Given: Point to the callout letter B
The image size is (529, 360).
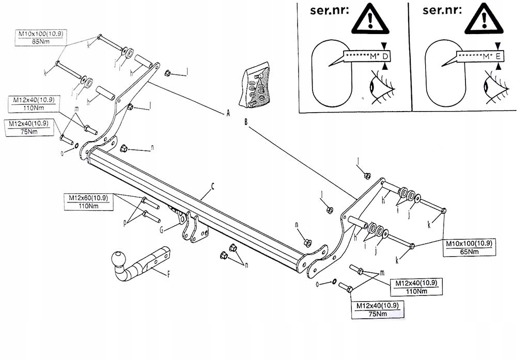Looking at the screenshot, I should pyautogui.click(x=246, y=122).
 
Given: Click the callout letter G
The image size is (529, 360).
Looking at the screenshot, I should pyautogui.click(x=162, y=229).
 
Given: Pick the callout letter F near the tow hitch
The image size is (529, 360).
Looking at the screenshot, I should pyautogui.click(x=168, y=275).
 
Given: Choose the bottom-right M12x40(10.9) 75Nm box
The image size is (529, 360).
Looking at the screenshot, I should pyautogui.click(x=378, y=310).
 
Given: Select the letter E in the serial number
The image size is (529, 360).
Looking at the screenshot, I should pyautogui.click(x=498, y=56).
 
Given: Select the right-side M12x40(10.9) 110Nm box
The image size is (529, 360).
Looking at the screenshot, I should pyautogui.click(x=416, y=287).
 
